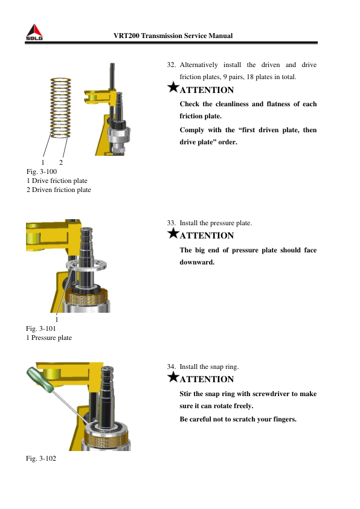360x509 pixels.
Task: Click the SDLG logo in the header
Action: click(x=34, y=32)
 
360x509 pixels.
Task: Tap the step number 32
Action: click(x=171, y=65)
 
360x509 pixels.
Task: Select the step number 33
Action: click(x=171, y=223)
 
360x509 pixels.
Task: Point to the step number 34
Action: click(x=171, y=367)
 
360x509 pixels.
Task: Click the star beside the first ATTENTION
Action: click(x=173, y=87)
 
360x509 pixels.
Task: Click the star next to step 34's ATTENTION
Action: click(x=173, y=377)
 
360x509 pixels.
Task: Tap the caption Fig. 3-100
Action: click(x=42, y=171)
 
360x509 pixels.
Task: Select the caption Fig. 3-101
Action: click(x=41, y=328)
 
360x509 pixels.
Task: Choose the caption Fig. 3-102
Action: click(x=41, y=458)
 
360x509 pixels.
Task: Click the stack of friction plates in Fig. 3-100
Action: click(x=60, y=108)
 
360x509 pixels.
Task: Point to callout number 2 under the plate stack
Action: click(x=60, y=162)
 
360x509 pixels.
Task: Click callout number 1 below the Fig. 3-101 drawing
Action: click(x=57, y=319)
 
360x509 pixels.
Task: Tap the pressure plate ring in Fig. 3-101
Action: click(x=86, y=264)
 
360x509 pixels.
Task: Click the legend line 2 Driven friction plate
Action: click(x=59, y=190)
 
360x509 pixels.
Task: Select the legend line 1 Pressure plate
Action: click(x=49, y=338)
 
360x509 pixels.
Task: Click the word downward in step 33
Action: click(x=197, y=262)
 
